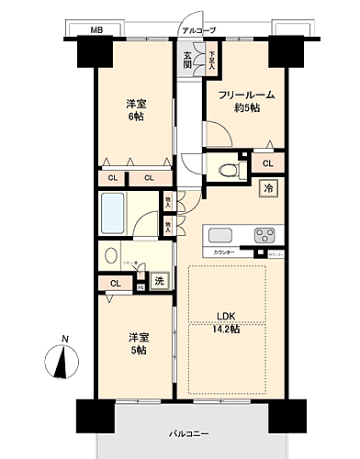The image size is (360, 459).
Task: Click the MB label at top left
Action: point(96,31)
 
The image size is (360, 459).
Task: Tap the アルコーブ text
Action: point(199,31)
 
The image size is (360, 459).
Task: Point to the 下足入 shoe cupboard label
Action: point(210,62)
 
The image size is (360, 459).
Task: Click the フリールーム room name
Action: point(247,95)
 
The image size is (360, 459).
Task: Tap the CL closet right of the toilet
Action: point(267,163)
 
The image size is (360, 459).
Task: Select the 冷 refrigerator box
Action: point(269,188)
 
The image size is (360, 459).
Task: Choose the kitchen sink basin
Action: point(223,233)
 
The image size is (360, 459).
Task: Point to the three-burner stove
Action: point(264,233)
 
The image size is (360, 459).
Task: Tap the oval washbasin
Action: point(111,256)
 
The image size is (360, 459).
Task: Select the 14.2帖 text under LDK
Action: point(227,328)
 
